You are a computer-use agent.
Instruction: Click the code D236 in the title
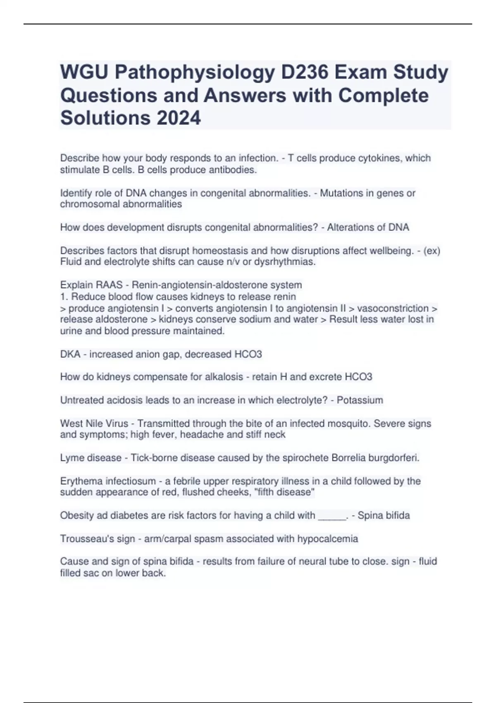pos(305,72)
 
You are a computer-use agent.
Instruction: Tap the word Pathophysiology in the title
pos(194,72)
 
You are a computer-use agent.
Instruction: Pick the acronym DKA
pos(70,354)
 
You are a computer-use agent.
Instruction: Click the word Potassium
pos(360,400)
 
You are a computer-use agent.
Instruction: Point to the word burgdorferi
pos(393,458)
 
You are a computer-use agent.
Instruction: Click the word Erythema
pos(81,481)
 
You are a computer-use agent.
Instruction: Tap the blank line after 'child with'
pos(332,516)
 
